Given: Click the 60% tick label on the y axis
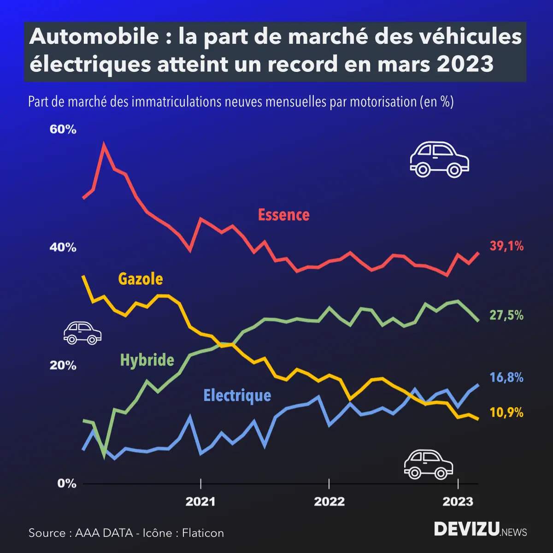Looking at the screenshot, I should coord(63,129).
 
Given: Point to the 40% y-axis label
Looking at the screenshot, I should coord(63,247).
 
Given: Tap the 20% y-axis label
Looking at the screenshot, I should coord(63,365).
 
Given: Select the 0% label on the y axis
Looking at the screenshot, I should coord(66,483).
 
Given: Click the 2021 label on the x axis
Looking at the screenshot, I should coord(200,501).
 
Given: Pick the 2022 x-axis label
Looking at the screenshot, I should coord(329,501).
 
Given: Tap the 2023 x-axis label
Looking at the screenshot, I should coord(458,501).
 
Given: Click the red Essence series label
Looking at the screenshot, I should coord(283,215).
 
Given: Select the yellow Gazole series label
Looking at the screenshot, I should coord(141,279).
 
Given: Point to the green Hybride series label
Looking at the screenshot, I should coord(147,360).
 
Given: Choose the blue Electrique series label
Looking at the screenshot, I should coord(237,395).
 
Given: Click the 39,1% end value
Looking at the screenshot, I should coord(506,246).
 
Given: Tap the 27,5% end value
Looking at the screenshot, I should coord(506,315).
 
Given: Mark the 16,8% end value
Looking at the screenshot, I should coord(506,378).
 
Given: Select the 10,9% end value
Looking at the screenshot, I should coord(506,412).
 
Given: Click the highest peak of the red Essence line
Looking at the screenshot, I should coord(104,145).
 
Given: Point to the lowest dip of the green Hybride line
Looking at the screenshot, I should coord(105,456).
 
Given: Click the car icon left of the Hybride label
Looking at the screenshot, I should coord(82,333).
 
